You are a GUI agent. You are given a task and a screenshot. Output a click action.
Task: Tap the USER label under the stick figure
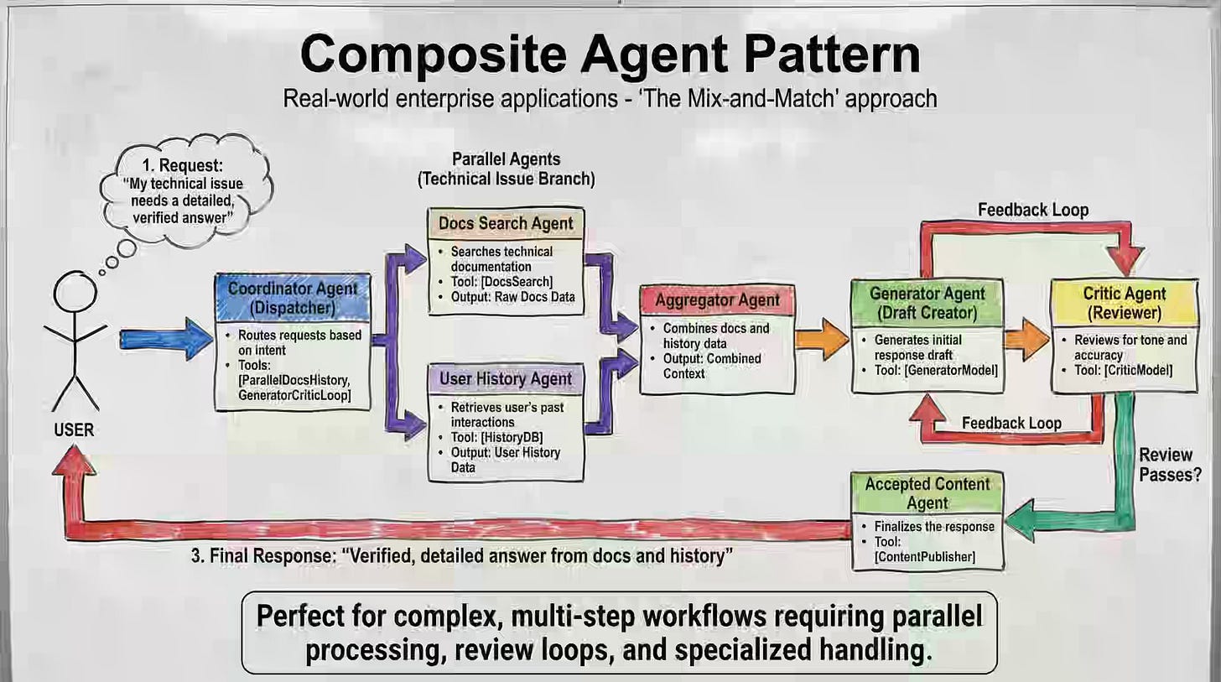point(74,430)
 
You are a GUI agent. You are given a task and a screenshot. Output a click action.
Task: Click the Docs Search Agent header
point(506,223)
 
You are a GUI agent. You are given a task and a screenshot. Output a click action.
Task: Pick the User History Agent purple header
point(506,379)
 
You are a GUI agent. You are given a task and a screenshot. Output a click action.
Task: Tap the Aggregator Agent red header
point(717,299)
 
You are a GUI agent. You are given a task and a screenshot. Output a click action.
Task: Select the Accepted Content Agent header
point(927,492)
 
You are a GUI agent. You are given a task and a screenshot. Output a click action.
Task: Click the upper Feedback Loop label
point(1033,210)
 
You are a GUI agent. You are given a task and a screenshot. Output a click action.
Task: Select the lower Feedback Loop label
point(1011,422)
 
